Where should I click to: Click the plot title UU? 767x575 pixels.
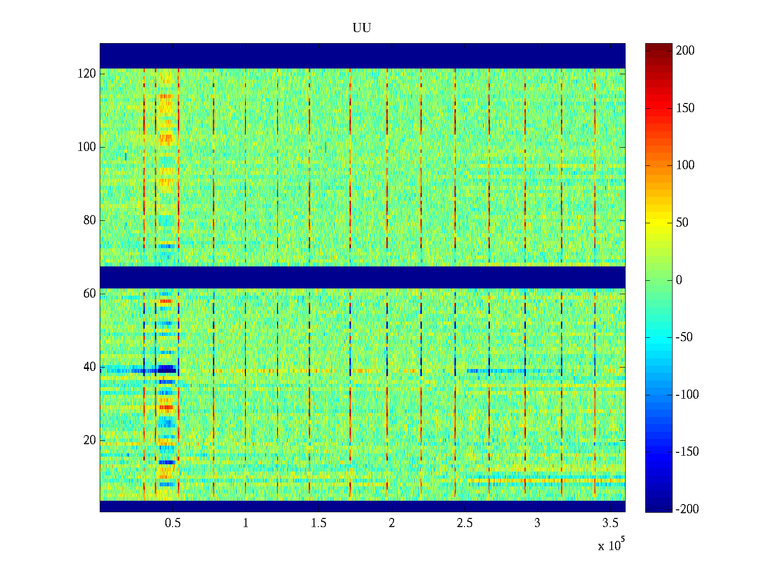click(362, 28)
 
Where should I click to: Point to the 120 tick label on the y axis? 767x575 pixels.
click(87, 74)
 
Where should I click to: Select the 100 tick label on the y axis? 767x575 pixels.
click(87, 147)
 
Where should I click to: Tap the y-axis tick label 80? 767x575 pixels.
click(90, 220)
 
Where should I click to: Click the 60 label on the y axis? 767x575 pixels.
click(90, 294)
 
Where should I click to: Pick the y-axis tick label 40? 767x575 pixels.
click(90, 367)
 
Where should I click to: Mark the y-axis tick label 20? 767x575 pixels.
click(90, 440)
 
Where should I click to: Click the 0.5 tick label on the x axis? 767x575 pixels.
click(173, 523)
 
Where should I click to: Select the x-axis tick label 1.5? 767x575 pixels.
click(318, 523)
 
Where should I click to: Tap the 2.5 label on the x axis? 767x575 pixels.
click(464, 523)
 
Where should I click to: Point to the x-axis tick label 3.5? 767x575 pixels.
click(610, 523)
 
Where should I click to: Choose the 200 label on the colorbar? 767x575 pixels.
click(685, 51)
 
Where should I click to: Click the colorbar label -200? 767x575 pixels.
click(687, 509)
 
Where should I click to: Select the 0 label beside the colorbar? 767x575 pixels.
click(679, 280)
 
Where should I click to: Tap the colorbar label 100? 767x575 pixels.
click(685, 165)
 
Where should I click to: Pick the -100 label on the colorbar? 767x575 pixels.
click(687, 395)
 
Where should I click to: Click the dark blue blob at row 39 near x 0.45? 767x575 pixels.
click(166, 369)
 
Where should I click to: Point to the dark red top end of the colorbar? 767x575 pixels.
click(658, 46)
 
